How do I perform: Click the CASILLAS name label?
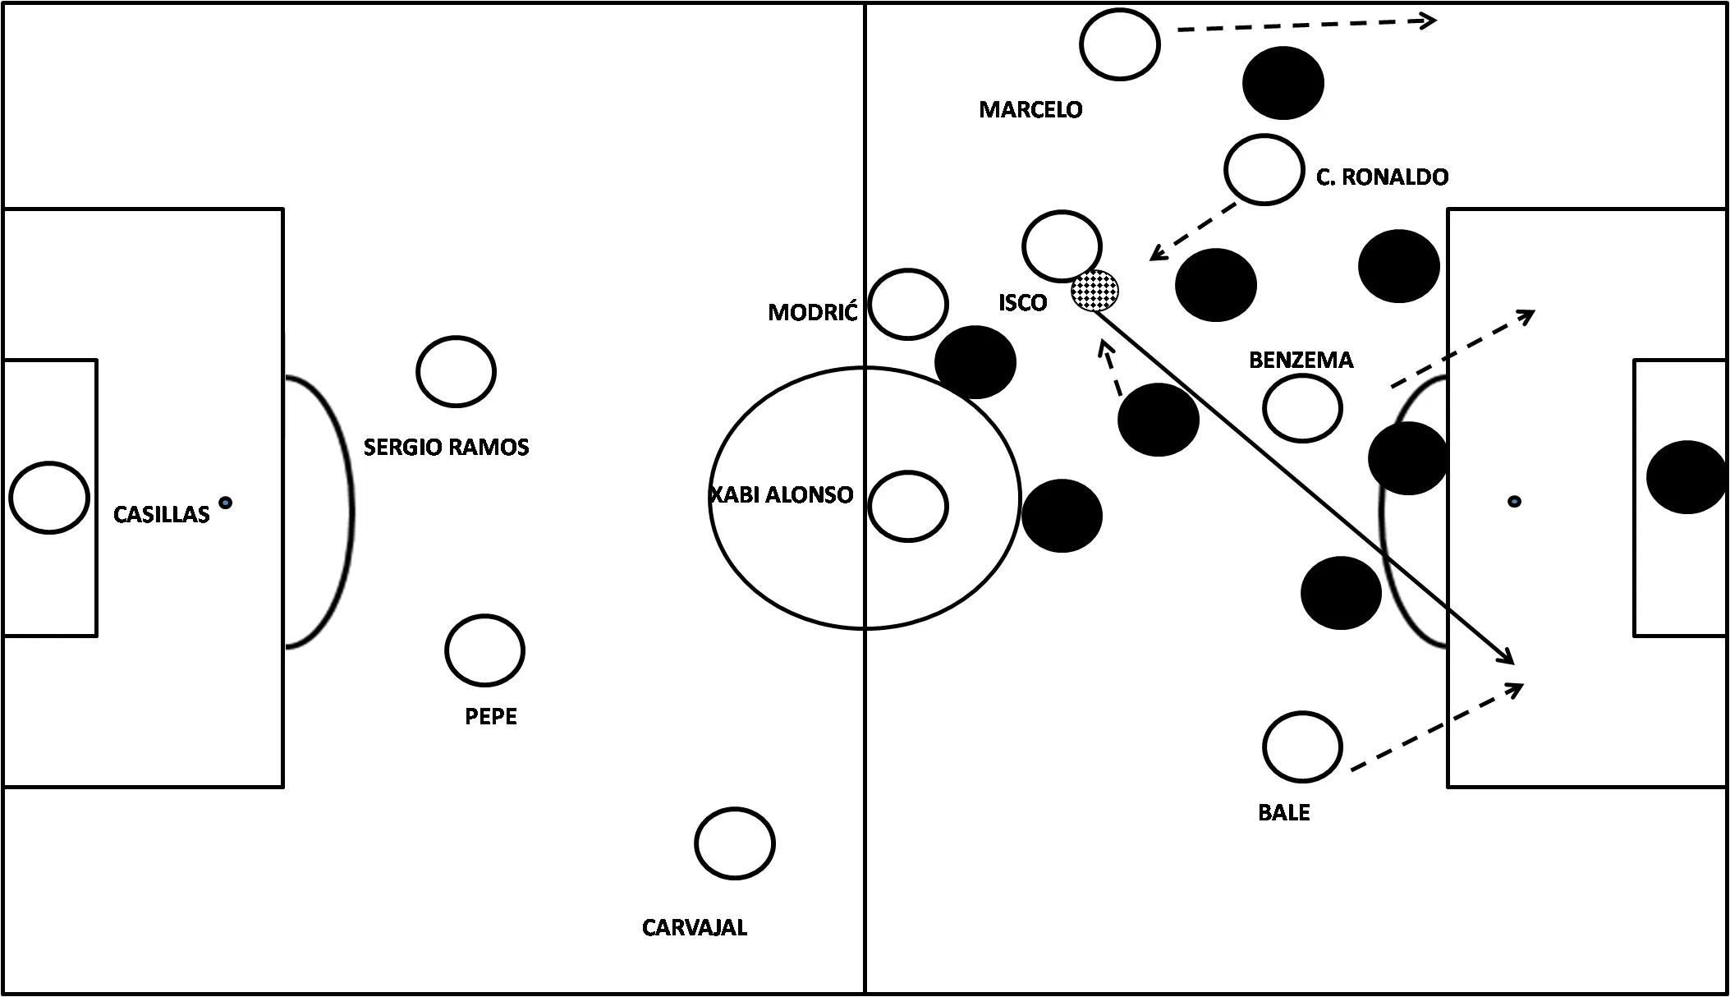click(161, 515)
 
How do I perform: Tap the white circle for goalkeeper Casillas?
click(49, 498)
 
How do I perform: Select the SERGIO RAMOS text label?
click(446, 448)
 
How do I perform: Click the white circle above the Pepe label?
click(484, 650)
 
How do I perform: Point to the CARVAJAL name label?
click(694, 928)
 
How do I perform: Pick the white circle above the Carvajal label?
click(734, 843)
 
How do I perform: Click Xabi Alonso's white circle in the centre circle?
click(908, 506)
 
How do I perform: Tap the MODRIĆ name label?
click(812, 313)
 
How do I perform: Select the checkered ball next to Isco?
click(1094, 291)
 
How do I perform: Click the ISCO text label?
click(1022, 303)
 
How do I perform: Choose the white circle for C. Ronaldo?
click(1264, 169)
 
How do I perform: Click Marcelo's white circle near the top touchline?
click(1120, 44)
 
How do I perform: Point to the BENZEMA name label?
click(1301, 361)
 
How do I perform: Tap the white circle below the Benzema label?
click(1302, 408)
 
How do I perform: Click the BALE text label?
click(1283, 813)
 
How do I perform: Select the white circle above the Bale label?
click(1302, 747)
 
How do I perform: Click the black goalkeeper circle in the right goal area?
click(1686, 477)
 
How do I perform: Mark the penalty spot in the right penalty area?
click(1514, 501)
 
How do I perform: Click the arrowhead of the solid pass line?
click(1509, 659)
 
